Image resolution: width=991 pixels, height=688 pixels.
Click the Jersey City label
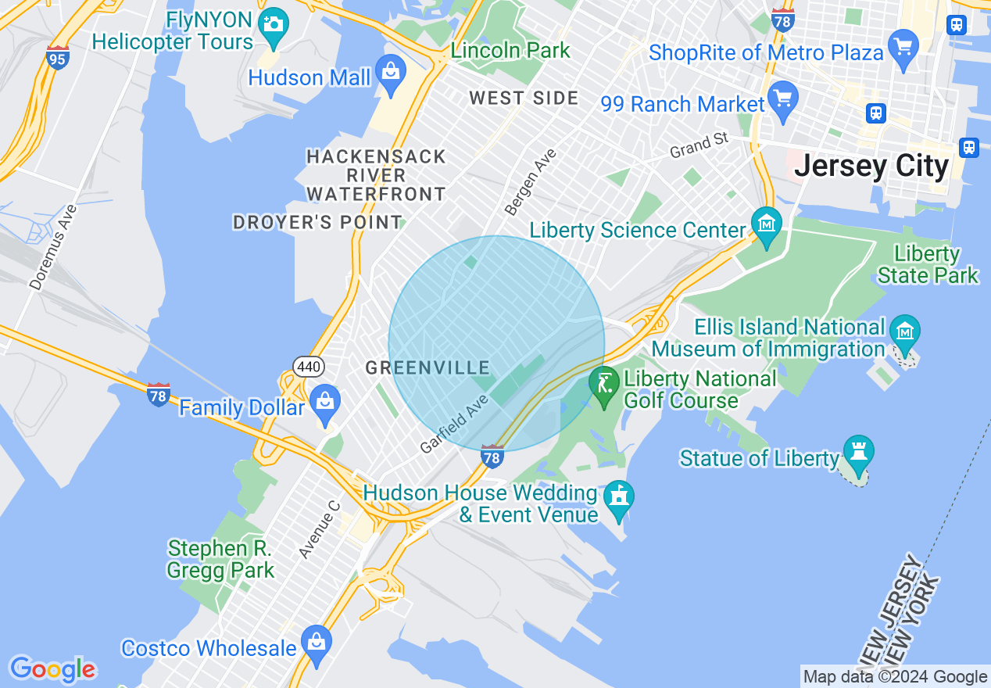[x=871, y=167]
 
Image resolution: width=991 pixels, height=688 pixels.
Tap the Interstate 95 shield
[x=58, y=58]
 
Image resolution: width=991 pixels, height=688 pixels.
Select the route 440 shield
[x=308, y=366]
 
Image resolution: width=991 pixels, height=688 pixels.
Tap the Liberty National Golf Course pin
[x=604, y=385]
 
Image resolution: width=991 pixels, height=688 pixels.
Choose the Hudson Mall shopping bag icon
[x=390, y=74]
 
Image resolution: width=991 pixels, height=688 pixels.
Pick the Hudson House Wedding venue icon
[x=619, y=498]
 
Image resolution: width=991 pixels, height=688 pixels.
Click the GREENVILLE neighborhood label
[x=428, y=367]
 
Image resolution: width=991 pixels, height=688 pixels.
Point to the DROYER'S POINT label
[x=317, y=223]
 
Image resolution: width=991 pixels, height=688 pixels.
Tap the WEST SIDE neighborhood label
[x=524, y=99]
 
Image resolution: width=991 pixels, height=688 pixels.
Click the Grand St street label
[x=699, y=145]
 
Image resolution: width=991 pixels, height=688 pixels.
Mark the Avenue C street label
[x=320, y=529]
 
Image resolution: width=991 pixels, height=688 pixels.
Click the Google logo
[x=52, y=669]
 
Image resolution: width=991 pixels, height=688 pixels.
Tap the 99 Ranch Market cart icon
[x=782, y=99]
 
